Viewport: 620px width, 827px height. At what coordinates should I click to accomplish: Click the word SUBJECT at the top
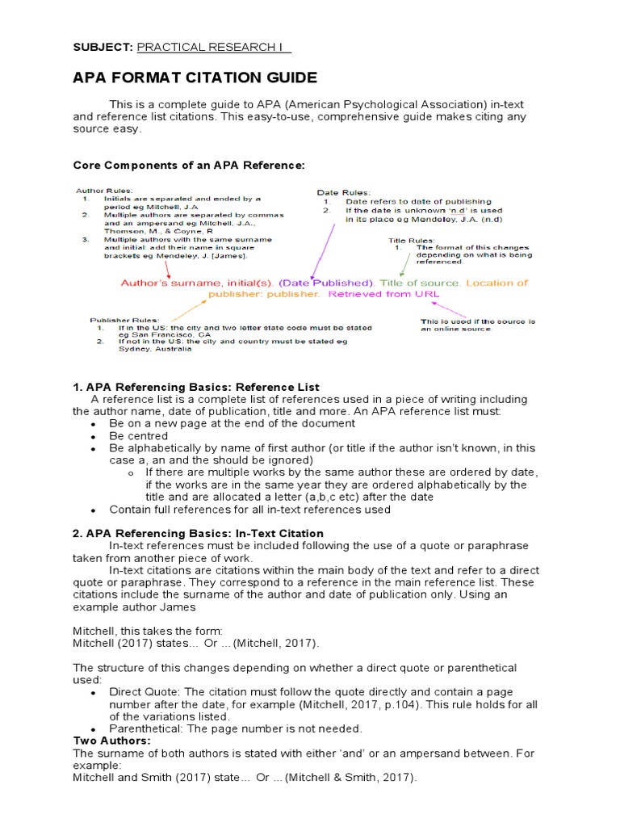(103, 48)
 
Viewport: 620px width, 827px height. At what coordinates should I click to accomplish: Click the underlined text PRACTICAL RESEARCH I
(214, 48)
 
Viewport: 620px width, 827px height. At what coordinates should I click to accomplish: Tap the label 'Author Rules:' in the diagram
(94, 190)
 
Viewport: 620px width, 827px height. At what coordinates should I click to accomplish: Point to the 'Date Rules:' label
(343, 192)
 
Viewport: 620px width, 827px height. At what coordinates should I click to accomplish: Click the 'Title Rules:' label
(411, 241)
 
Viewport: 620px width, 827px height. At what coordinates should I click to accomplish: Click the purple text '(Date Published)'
(327, 283)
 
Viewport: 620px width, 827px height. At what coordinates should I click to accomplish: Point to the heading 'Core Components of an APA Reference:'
(189, 166)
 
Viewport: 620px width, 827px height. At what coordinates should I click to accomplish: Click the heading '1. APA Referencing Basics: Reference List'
(196, 388)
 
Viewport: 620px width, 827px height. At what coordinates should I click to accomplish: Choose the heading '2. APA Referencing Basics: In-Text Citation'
(199, 534)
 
